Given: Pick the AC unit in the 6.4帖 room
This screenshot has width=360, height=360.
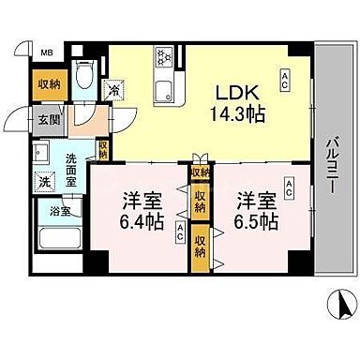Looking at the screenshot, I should click(x=178, y=237).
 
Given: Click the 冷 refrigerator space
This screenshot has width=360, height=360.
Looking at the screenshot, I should click(x=114, y=91).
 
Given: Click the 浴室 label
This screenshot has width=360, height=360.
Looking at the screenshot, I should click(x=46, y=213).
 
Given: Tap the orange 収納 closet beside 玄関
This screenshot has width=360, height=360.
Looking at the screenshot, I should click(x=51, y=84).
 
